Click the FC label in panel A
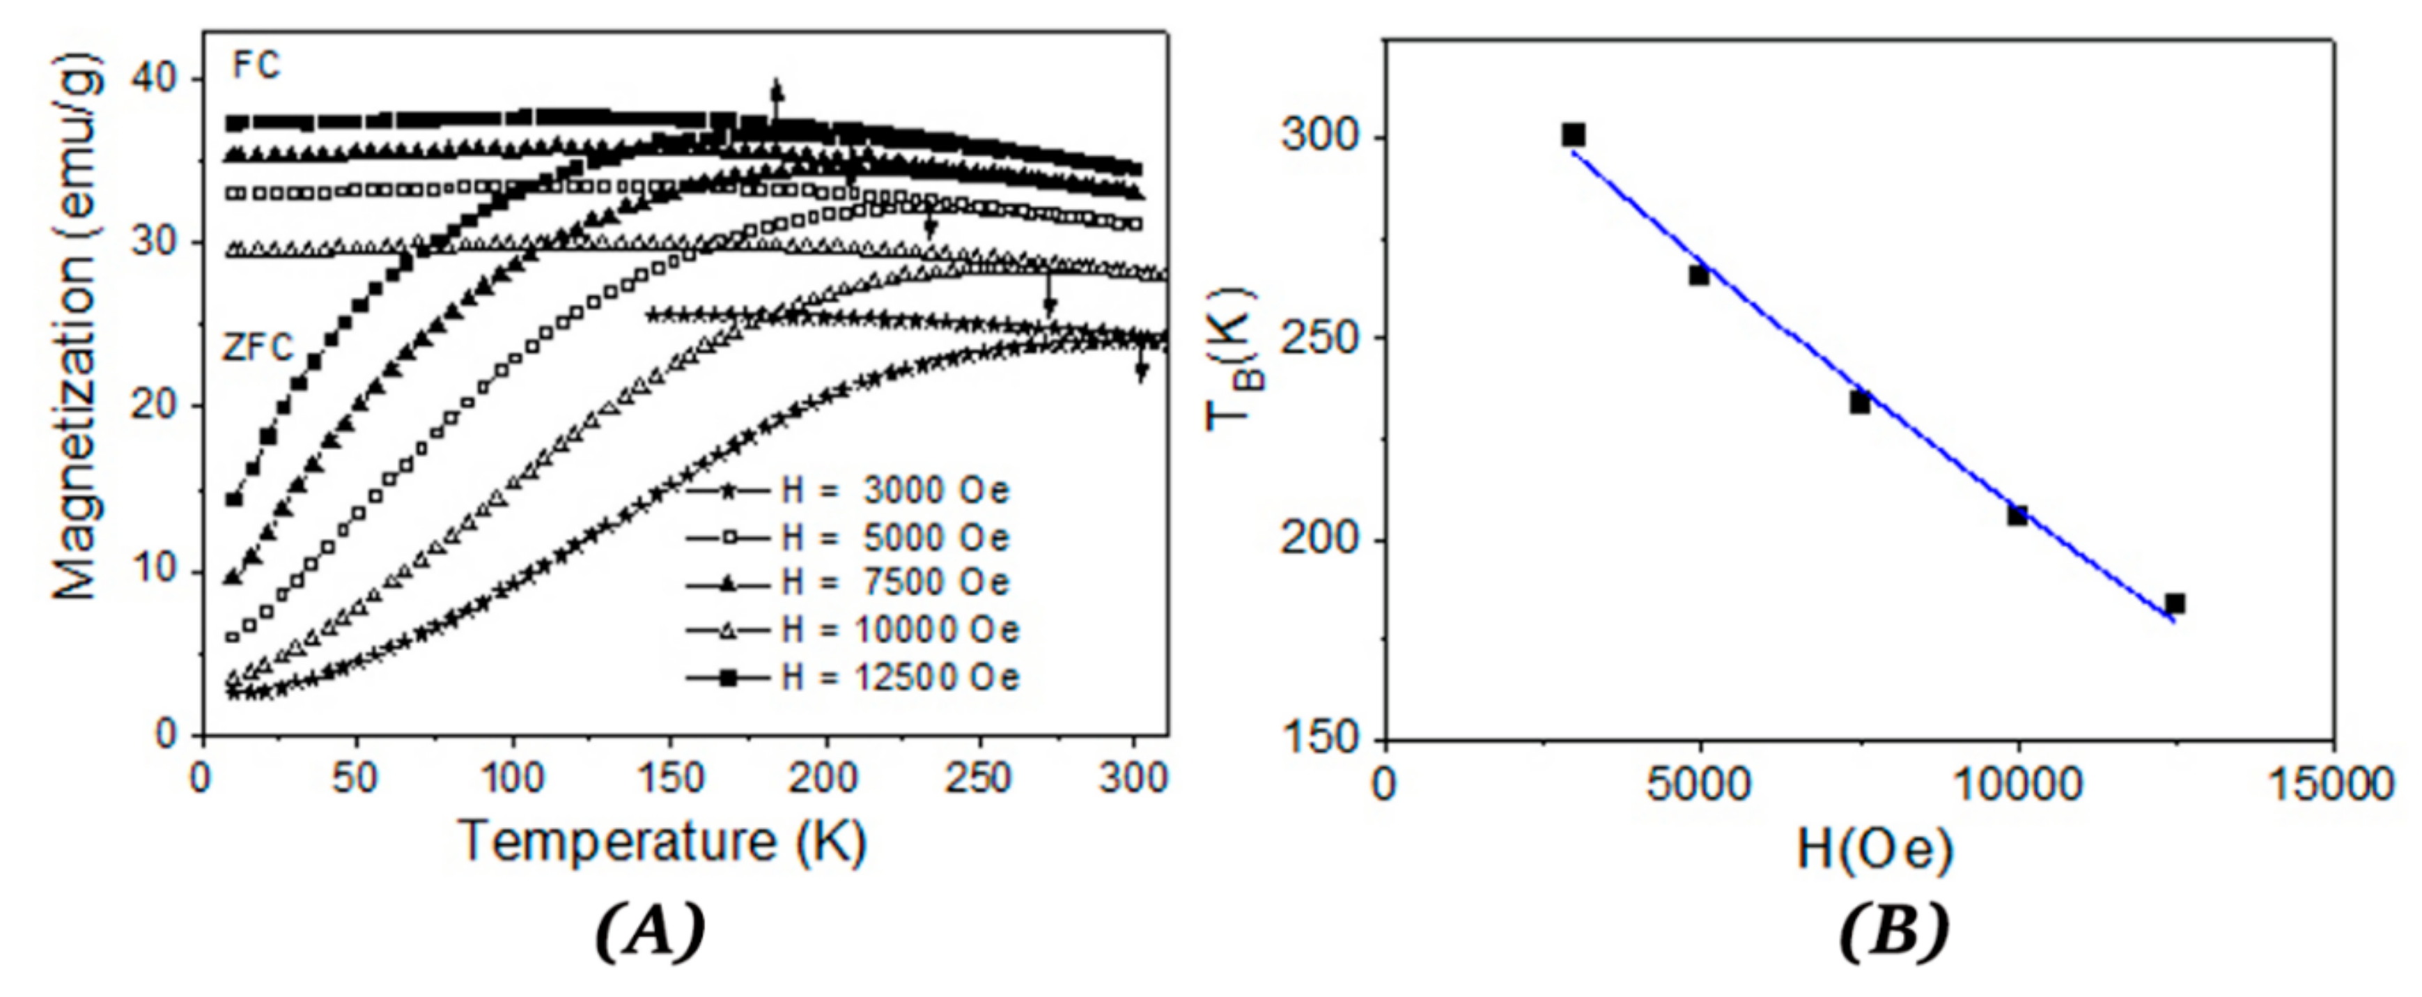click(x=256, y=67)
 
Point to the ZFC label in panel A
click(x=258, y=348)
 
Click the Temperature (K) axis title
click(x=663, y=840)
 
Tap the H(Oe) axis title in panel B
click(x=1876, y=849)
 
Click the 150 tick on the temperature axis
click(x=669, y=779)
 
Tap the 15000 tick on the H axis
click(x=2333, y=784)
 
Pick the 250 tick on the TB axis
click(x=1320, y=339)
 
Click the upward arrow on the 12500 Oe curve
click(x=776, y=99)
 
